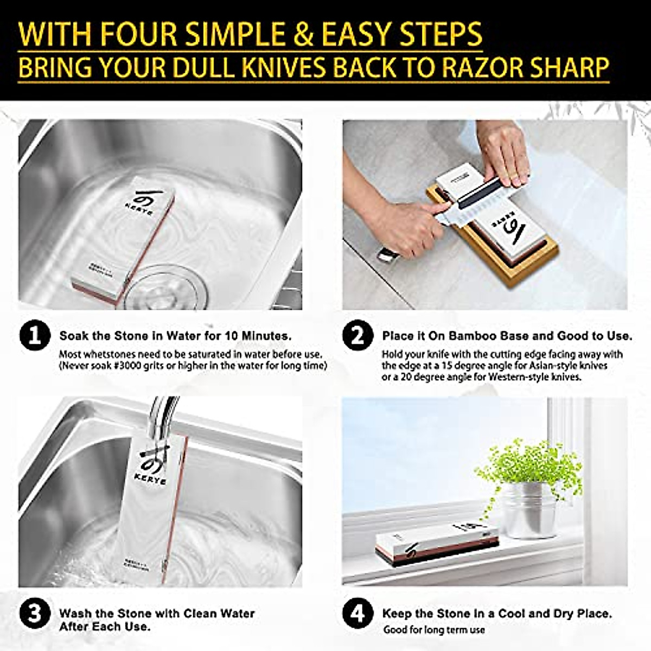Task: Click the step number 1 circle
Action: (x=35, y=336)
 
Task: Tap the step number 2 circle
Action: (x=358, y=336)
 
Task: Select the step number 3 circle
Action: (x=35, y=614)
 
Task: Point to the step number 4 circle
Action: (x=358, y=614)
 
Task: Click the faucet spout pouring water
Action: (x=163, y=418)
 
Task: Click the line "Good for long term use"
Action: (x=434, y=630)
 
